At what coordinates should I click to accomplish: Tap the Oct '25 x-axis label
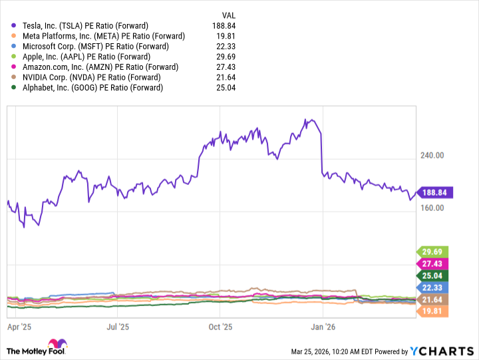(x=220, y=327)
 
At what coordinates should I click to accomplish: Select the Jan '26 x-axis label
(x=323, y=327)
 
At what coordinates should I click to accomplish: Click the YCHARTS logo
(x=440, y=351)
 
